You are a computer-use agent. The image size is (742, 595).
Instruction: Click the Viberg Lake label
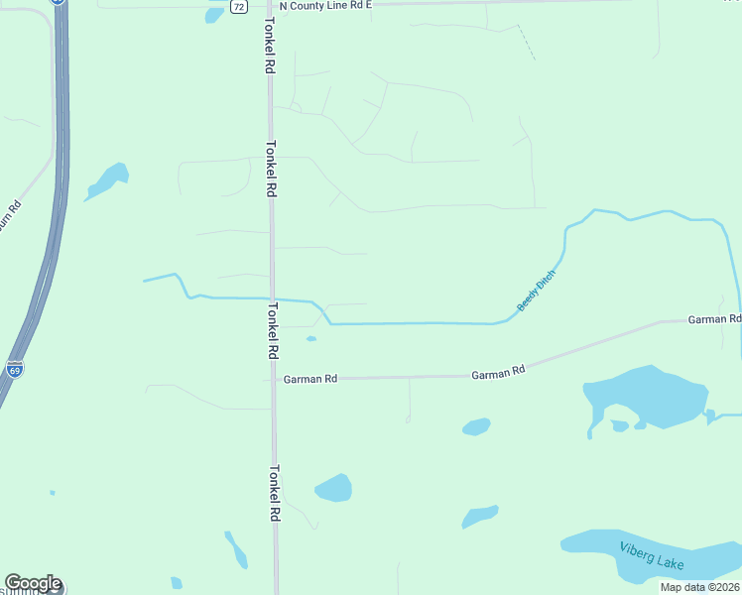pyautogui.click(x=652, y=556)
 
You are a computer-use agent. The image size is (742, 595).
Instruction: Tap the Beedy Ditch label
pyautogui.click(x=537, y=291)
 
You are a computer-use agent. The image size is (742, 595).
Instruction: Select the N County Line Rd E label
pyautogui.click(x=325, y=5)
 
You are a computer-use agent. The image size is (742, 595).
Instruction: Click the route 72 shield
pyautogui.click(x=239, y=6)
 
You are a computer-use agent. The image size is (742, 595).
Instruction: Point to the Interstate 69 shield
pyautogui.click(x=14, y=370)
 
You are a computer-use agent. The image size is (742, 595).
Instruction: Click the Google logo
pyautogui.click(x=33, y=583)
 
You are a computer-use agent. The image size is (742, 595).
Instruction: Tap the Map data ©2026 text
pyautogui.click(x=699, y=587)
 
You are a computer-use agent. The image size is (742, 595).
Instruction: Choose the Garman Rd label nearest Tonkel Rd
pyautogui.click(x=310, y=379)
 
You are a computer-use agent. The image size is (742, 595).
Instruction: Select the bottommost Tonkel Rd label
pyautogui.click(x=275, y=494)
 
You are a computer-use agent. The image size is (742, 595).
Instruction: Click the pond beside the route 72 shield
pyautogui.click(x=214, y=14)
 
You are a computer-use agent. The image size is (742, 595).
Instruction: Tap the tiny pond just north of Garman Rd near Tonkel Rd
pyautogui.click(x=311, y=339)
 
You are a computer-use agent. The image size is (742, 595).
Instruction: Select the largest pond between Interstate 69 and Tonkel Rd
pyautogui.click(x=107, y=180)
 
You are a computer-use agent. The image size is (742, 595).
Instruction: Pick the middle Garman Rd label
pyautogui.click(x=498, y=374)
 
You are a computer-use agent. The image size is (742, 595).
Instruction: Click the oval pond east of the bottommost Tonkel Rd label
pyautogui.click(x=333, y=487)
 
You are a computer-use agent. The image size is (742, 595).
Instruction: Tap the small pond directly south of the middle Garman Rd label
pyautogui.click(x=476, y=426)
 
